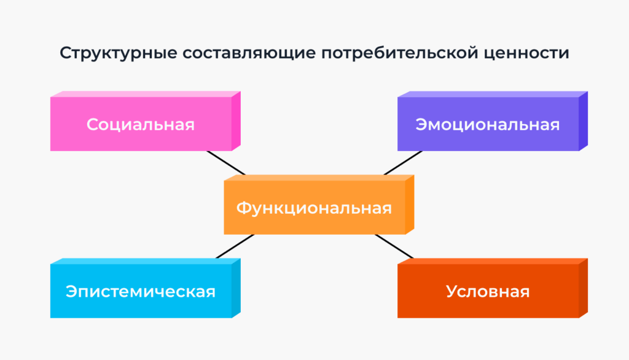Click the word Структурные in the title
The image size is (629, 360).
(x=119, y=53)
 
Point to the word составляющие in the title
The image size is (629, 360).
(x=249, y=53)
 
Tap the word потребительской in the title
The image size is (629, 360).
(x=399, y=53)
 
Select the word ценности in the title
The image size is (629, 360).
(x=526, y=53)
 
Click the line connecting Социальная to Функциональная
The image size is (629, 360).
(x=226, y=163)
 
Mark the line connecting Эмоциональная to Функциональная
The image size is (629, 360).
(x=403, y=163)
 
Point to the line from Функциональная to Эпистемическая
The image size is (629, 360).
(x=235, y=246)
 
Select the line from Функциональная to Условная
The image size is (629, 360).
(x=394, y=246)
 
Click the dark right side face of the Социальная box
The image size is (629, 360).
(x=236, y=121)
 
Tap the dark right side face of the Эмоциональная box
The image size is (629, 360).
(x=584, y=121)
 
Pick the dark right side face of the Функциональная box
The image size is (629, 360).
(x=410, y=205)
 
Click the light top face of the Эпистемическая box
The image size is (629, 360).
(x=145, y=261)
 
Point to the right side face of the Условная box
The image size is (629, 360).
(x=584, y=288)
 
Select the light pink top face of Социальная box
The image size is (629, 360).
(x=145, y=95)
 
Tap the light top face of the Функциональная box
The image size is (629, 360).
(x=319, y=178)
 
